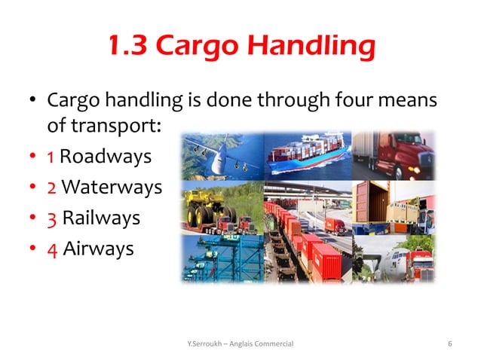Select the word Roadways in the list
click(x=105, y=157)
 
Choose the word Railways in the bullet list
click(x=101, y=218)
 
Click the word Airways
click(x=97, y=248)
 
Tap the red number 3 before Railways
click(x=51, y=218)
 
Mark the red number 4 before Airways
click(x=51, y=248)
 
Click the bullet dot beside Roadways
click(x=33, y=158)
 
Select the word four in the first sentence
click(x=357, y=99)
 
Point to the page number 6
click(x=449, y=344)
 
